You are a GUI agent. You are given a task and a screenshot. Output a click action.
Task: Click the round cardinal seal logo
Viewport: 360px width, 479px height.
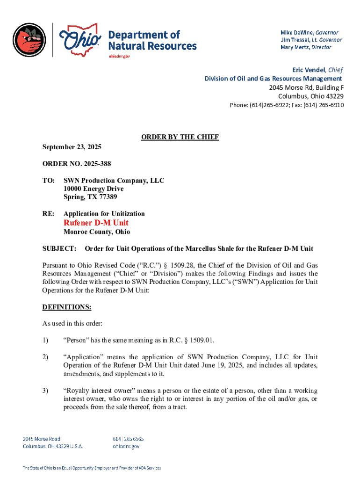29,40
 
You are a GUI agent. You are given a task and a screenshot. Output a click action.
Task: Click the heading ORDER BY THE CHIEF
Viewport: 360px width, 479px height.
180,137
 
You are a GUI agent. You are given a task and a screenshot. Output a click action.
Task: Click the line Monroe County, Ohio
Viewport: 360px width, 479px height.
97,232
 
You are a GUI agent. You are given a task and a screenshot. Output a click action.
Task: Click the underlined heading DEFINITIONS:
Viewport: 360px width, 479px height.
67,307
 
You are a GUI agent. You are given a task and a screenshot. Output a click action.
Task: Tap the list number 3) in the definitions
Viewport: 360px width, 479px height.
45,390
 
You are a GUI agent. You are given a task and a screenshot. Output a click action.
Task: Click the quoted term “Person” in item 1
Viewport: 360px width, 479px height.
75,340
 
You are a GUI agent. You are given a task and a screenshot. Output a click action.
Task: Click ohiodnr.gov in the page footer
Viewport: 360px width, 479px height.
126,446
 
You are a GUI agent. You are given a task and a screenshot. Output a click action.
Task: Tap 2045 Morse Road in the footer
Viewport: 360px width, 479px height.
42,439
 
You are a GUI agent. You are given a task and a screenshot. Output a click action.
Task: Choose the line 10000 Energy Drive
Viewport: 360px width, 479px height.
94,189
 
